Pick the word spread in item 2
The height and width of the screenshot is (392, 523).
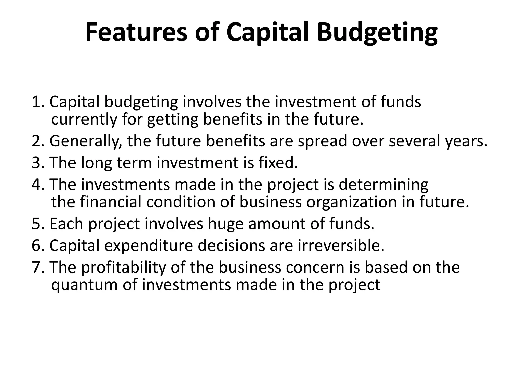pos(323,141)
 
